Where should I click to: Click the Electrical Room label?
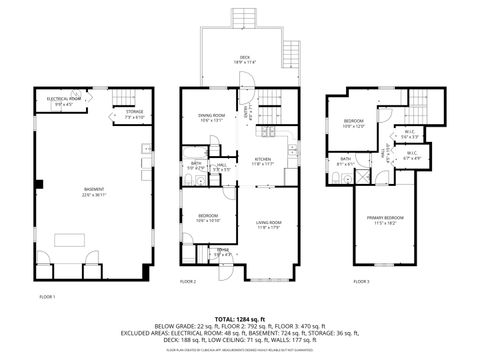(x=64, y=100)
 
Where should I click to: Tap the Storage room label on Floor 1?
(x=135, y=114)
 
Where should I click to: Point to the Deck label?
(x=243, y=59)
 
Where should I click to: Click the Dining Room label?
(x=211, y=118)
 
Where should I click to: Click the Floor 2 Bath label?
(x=197, y=166)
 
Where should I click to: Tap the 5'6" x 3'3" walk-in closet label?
(x=410, y=133)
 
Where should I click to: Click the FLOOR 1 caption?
(x=47, y=297)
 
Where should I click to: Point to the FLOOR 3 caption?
(x=361, y=282)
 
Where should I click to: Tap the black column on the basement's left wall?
(x=38, y=184)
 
